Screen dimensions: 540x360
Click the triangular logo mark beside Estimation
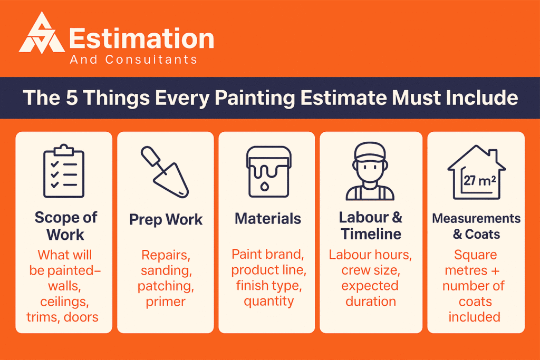(x=42, y=34)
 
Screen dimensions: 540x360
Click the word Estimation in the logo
(x=142, y=38)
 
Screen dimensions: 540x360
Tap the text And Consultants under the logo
(x=133, y=60)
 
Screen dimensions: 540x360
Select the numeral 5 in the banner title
(x=72, y=98)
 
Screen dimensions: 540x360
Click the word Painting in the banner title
(x=255, y=99)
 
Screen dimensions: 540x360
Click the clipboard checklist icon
(x=64, y=171)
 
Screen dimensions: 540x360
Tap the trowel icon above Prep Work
(x=165, y=172)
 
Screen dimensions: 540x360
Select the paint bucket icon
(x=268, y=172)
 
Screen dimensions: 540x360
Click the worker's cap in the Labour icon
(x=370, y=152)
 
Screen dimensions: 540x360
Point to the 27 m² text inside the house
(x=479, y=180)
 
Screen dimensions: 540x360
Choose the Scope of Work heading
(x=65, y=226)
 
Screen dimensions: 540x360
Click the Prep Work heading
(x=166, y=220)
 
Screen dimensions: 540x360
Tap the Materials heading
(x=268, y=219)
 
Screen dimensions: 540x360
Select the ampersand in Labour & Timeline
(x=397, y=217)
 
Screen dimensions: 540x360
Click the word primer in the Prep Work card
(x=166, y=302)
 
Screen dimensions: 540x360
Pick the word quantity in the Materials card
(x=269, y=301)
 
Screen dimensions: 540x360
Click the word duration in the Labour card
(x=371, y=301)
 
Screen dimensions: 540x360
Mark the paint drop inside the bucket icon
(x=264, y=186)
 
